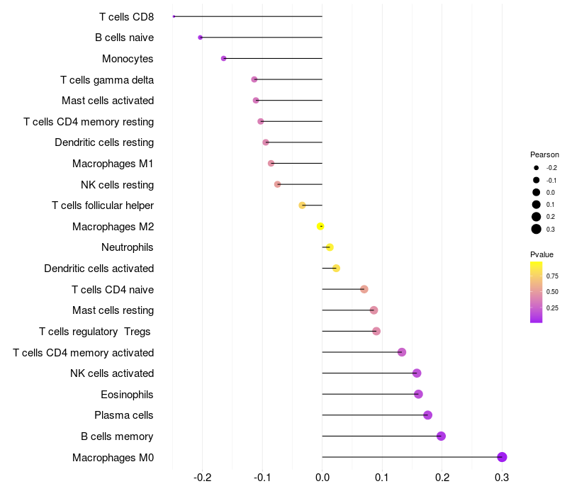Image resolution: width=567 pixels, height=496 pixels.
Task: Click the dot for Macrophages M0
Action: click(502, 457)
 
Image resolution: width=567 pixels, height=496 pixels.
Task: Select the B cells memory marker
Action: click(441, 436)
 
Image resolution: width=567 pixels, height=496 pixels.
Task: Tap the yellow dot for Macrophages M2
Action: click(320, 226)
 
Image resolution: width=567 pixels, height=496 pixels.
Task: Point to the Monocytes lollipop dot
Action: click(223, 58)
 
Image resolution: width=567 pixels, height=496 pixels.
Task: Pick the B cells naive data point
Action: click(200, 37)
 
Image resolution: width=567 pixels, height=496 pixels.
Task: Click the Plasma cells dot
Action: click(427, 415)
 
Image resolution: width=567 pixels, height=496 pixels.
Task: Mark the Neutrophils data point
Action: click(330, 247)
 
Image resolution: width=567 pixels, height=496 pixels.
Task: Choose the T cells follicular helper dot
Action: click(303, 205)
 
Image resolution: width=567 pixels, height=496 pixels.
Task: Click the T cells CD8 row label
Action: click(126, 16)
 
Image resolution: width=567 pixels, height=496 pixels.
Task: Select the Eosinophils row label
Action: click(127, 394)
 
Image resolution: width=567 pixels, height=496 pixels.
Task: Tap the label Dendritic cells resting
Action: click(104, 142)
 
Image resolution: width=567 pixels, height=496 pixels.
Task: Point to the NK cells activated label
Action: click(112, 373)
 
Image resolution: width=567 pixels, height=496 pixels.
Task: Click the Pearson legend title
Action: click(544, 154)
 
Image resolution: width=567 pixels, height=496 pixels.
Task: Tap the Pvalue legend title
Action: click(541, 254)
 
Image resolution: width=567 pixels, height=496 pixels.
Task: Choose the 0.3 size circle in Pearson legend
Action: click(537, 229)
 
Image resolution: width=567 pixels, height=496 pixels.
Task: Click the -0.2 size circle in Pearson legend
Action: click(537, 168)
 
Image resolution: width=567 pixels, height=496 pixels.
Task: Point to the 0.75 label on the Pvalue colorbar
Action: click(552, 276)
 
